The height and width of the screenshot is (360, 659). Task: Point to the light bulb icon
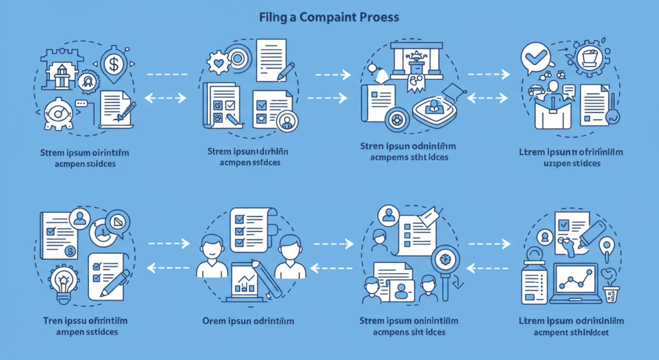pos(64,284)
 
